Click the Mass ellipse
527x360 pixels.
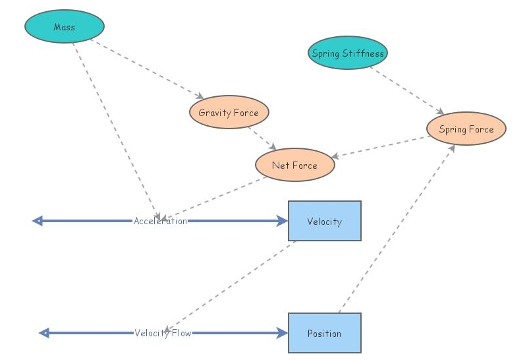65,27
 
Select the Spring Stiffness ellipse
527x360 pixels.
347,53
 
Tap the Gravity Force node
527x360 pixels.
229,113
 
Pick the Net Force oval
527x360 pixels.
294,165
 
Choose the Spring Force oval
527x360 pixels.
466,129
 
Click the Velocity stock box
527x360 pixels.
325,221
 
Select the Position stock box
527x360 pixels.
325,333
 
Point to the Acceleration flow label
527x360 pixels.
160,221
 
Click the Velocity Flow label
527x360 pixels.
163,333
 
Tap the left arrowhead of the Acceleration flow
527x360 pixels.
38,221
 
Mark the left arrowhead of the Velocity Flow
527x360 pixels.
44,333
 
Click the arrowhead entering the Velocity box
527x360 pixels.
283,221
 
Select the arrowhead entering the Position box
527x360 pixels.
283,333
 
